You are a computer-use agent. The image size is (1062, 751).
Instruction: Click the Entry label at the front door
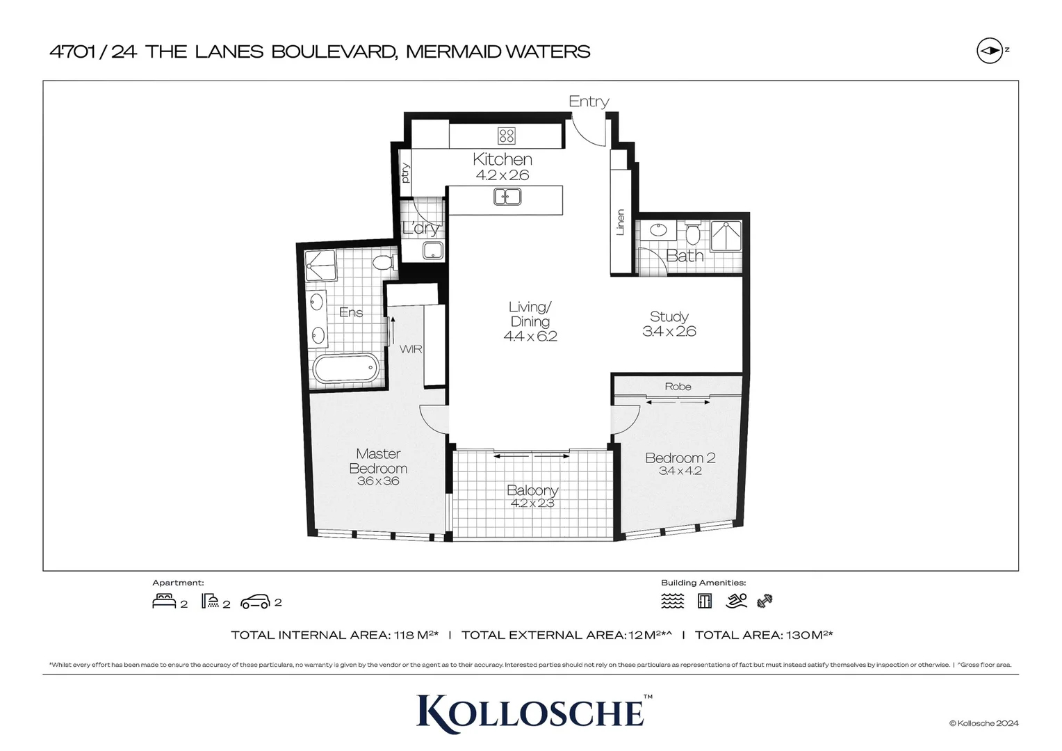coord(589,102)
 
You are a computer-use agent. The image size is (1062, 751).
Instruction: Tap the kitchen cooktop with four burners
coord(506,135)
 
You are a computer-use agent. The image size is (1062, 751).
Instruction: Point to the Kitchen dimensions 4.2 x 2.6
coord(502,175)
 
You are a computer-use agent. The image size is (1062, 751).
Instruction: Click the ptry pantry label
coord(405,172)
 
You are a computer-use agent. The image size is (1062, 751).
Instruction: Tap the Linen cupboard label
coord(621,223)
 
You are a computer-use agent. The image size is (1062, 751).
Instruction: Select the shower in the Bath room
coord(726,236)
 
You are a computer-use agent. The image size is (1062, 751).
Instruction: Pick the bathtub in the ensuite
coord(346,369)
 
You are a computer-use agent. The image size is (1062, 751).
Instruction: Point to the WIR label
coord(411,349)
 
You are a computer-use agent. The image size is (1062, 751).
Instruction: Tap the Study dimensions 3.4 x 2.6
coord(669,332)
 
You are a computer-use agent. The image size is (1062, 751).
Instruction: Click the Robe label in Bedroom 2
coord(678,387)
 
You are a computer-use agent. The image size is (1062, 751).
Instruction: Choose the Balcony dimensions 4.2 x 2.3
coord(532,503)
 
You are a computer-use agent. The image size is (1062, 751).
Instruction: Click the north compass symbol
coord(989,51)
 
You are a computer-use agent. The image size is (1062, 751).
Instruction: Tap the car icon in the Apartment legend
coord(255,602)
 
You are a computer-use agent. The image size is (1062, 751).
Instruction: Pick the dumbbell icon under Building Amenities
coord(765,601)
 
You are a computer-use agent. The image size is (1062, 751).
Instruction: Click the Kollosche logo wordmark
coord(531,711)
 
